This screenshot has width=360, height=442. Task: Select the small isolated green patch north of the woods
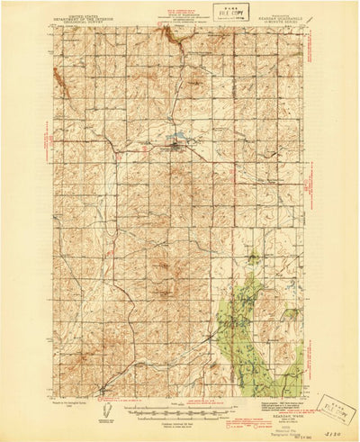pyautogui.click(x=254, y=258)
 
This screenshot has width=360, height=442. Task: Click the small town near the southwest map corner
pyautogui.click(x=101, y=389)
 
